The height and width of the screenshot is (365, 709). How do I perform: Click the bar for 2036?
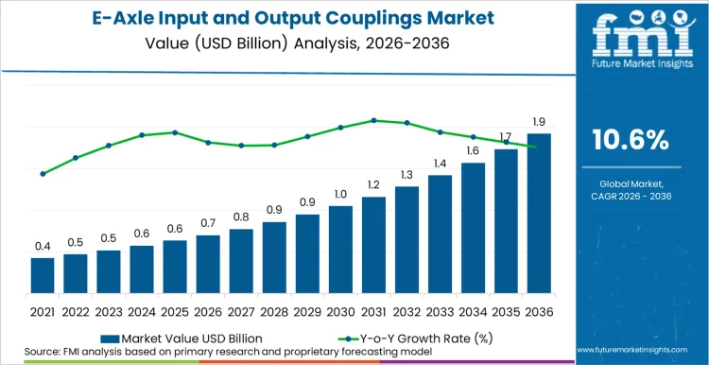[539, 215]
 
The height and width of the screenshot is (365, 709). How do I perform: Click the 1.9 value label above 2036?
[539, 122]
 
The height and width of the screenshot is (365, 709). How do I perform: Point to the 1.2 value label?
[373, 185]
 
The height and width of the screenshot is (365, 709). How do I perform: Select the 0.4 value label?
[43, 246]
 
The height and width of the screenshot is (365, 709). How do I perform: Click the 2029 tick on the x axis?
[307, 311]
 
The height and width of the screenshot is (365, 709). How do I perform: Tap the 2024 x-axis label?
[142, 311]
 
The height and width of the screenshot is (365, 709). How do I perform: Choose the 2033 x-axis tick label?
[440, 311]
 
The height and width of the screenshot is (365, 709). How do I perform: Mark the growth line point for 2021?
[43, 174]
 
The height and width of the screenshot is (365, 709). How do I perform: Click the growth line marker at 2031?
[373, 120]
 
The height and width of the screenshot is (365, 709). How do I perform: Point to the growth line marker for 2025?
[175, 132]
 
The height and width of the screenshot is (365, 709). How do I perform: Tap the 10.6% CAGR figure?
[630, 140]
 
